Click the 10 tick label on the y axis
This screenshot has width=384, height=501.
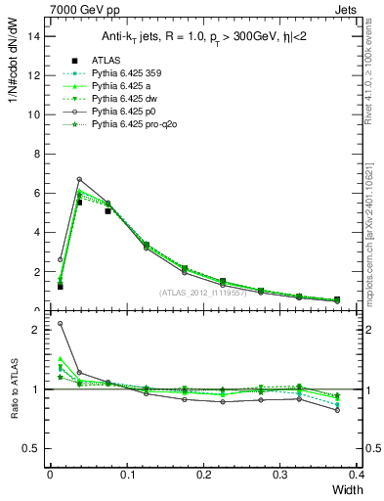[x=36, y=114]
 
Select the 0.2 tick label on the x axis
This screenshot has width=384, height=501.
[x=203, y=475]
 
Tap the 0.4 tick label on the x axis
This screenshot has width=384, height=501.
[x=357, y=475]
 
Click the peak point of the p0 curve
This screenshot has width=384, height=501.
[x=79, y=179]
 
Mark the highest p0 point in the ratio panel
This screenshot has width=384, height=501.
[x=60, y=324]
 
